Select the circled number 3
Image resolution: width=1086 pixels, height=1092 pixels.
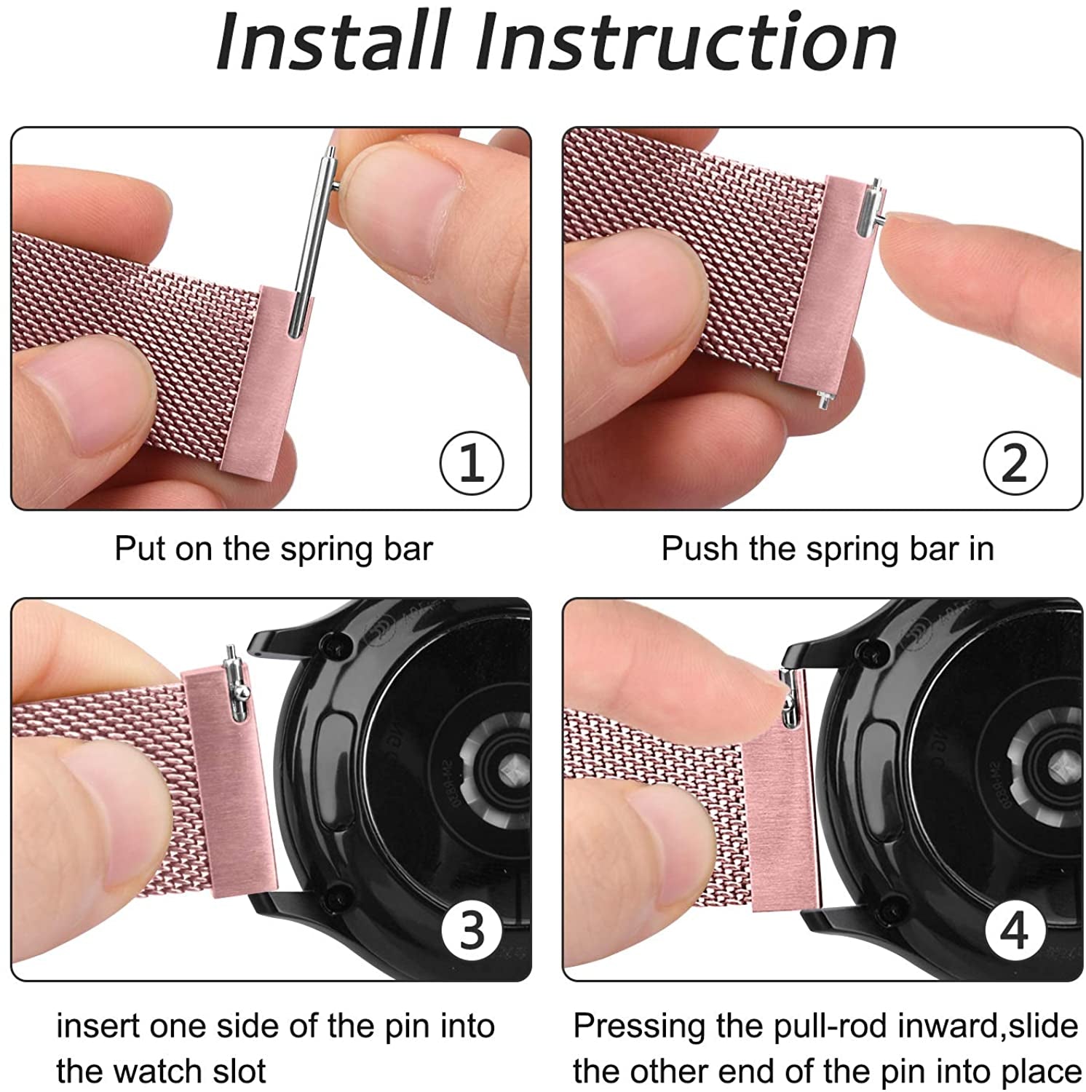click(x=472, y=930)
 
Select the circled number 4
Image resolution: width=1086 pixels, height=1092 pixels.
click(x=1015, y=930)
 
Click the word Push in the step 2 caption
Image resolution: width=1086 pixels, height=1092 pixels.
click(x=698, y=549)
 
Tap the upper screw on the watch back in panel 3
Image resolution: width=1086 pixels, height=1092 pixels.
click(x=337, y=645)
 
